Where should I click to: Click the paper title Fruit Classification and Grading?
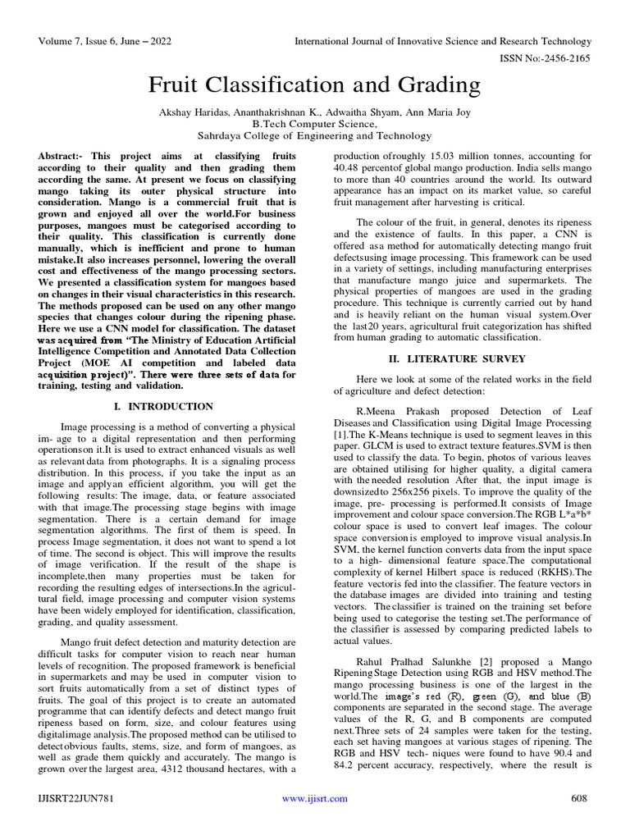pos(314,84)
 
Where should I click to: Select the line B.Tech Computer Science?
pos(314,122)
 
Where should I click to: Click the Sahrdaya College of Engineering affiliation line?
pos(314,135)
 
